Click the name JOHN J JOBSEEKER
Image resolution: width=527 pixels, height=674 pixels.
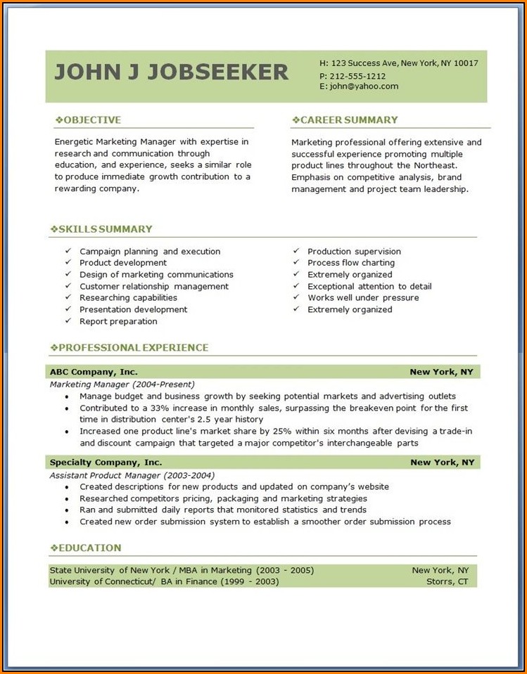pyautogui.click(x=171, y=72)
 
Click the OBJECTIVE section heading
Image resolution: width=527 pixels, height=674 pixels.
pyautogui.click(x=91, y=120)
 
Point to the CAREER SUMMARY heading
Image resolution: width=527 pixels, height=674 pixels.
pyautogui.click(x=348, y=120)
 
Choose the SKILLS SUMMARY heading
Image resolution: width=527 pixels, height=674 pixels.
pyautogui.click(x=105, y=229)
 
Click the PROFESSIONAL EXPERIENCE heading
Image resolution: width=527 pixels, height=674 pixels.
pyautogui.click(x=133, y=348)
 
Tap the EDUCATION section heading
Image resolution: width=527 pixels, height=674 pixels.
pyautogui.click(x=89, y=548)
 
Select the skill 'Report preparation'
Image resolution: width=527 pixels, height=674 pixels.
pyautogui.click(x=118, y=321)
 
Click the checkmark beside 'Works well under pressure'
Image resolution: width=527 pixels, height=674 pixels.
pyautogui.click(x=296, y=298)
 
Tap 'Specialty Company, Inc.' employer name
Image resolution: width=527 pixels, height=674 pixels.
pyautogui.click(x=106, y=462)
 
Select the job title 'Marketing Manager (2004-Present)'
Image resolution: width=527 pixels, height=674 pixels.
pyautogui.click(x=122, y=384)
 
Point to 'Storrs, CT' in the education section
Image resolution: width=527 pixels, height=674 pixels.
pyautogui.click(x=447, y=581)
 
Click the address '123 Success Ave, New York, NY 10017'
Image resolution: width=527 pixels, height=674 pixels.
pyautogui.click(x=404, y=63)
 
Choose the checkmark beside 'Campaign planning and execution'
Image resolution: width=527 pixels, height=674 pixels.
pyautogui.click(x=68, y=252)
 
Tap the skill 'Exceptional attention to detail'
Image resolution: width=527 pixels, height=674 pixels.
pyautogui.click(x=369, y=287)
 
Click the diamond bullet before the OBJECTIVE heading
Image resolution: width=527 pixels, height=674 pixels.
pyautogui.click(x=58, y=120)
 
